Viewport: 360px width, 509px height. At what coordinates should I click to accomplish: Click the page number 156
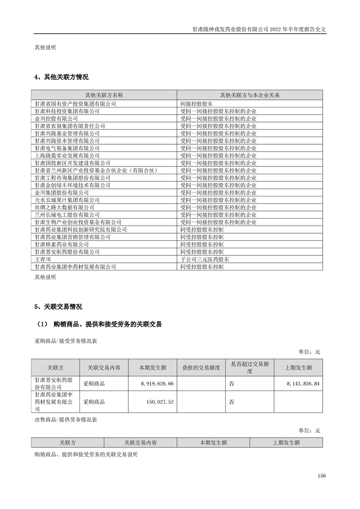click(322, 475)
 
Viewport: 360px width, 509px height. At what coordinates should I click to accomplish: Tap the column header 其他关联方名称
click(104, 95)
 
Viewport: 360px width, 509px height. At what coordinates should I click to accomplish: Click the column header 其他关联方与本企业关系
click(250, 95)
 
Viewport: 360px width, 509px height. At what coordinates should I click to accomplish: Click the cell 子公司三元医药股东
click(205, 259)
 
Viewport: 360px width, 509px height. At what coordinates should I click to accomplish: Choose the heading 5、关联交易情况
click(59, 307)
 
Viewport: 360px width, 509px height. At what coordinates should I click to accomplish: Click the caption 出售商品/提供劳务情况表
click(66, 420)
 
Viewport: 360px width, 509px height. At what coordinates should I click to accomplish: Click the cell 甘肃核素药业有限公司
click(62, 244)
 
